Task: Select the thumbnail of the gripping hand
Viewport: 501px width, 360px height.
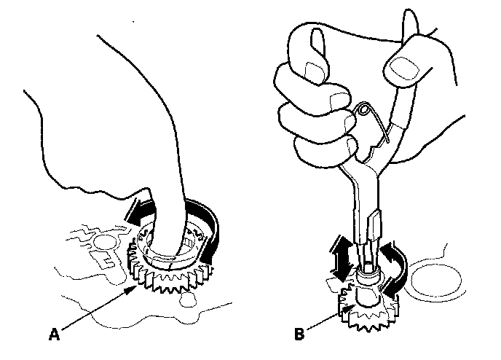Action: (399, 69)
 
